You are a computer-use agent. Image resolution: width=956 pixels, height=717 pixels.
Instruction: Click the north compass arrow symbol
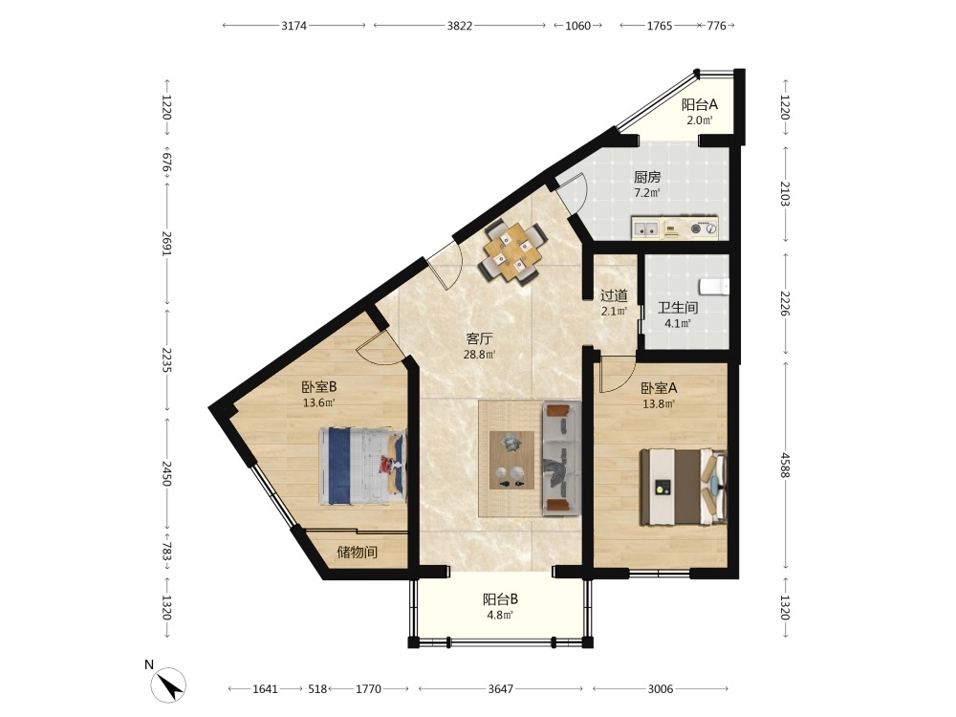tap(169, 685)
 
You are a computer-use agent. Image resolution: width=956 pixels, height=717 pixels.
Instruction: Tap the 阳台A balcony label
tap(700, 104)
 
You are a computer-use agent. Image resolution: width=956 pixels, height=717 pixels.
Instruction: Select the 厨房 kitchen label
tap(647, 178)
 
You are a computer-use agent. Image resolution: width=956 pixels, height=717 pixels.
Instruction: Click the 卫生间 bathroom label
tap(678, 308)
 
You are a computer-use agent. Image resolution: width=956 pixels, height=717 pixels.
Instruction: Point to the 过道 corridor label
tap(614, 295)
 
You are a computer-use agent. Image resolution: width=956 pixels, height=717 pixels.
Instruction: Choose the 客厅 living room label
tap(479, 339)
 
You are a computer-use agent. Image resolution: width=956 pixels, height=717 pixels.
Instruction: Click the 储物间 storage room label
tap(358, 553)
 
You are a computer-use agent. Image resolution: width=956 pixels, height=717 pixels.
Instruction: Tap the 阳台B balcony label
tap(501, 599)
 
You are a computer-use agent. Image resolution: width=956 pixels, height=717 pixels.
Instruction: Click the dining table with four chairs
tap(513, 252)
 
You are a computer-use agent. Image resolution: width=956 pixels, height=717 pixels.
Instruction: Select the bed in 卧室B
tap(362, 466)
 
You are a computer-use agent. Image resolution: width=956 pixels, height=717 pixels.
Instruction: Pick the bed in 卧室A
tap(683, 487)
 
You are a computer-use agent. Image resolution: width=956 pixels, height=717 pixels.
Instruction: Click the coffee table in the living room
tap(511, 461)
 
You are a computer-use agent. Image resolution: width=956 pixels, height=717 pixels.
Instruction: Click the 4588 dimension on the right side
tap(785, 467)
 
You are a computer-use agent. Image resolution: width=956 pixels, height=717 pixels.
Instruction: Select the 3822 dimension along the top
tap(460, 26)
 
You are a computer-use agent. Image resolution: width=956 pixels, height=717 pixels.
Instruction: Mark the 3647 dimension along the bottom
tap(501, 689)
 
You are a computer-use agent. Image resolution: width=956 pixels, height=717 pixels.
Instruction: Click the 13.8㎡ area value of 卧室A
tap(659, 403)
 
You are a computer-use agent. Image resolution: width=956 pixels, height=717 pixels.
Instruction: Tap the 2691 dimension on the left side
tap(166, 242)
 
